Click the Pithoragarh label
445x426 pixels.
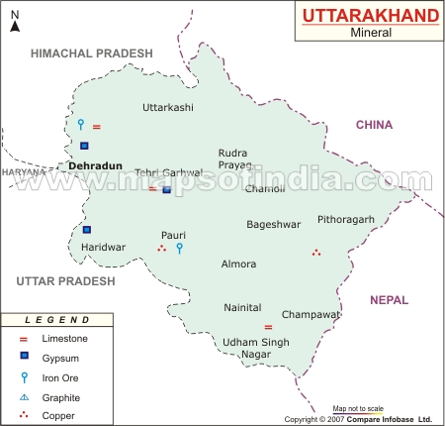[x=346, y=219]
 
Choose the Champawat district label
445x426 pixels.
[x=311, y=314]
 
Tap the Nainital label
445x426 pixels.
[x=243, y=308]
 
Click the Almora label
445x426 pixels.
[x=239, y=265]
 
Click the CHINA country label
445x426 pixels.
[x=375, y=125]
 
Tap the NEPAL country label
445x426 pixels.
[x=389, y=299]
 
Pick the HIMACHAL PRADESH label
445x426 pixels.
[x=92, y=53]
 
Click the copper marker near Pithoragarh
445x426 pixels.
[x=316, y=253]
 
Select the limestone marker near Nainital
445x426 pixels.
[x=268, y=327]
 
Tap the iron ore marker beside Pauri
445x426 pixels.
[x=179, y=248]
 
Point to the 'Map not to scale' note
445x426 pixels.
[x=357, y=408]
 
